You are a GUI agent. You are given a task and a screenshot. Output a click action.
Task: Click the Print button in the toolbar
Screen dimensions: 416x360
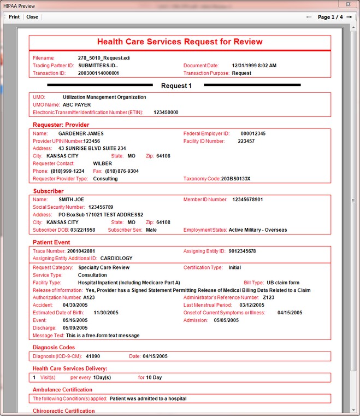tap(14, 17)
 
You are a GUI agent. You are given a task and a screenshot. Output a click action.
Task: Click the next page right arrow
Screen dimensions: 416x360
tap(350, 17)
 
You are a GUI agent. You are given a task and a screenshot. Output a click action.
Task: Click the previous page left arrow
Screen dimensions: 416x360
tap(309, 17)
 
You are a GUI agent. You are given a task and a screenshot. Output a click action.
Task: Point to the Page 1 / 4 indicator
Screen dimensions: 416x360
tap(330, 17)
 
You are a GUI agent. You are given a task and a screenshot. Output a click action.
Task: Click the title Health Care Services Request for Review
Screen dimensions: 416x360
tap(180, 42)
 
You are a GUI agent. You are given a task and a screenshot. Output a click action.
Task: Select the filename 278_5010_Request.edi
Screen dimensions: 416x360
tap(104, 58)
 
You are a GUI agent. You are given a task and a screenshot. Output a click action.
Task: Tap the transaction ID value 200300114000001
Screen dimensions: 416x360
tap(98, 73)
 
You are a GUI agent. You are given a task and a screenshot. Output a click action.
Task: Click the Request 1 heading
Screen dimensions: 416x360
tap(176, 86)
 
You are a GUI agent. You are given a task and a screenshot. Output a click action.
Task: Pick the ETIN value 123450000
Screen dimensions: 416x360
tap(166, 113)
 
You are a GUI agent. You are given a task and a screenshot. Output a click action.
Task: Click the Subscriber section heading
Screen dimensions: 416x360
tap(48, 191)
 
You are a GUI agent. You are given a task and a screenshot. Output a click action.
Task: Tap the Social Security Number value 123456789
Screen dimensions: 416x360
tap(101, 207)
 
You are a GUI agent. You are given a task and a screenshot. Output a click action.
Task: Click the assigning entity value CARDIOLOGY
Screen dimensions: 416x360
tap(116, 259)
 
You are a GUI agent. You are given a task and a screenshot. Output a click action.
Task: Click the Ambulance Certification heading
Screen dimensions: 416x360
tap(62, 390)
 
